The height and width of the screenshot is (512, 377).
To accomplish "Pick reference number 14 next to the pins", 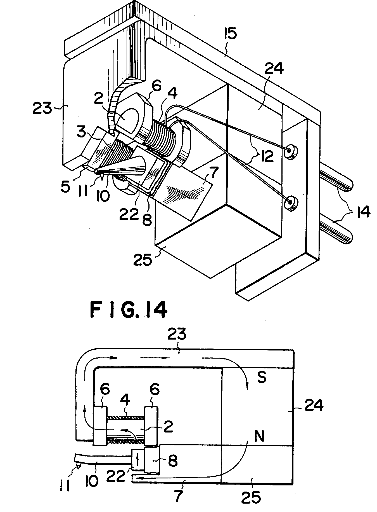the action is point(362,212).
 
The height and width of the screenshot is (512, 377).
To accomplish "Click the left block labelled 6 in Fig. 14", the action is point(99,426).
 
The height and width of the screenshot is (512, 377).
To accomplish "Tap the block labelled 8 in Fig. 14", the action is point(152,460).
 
